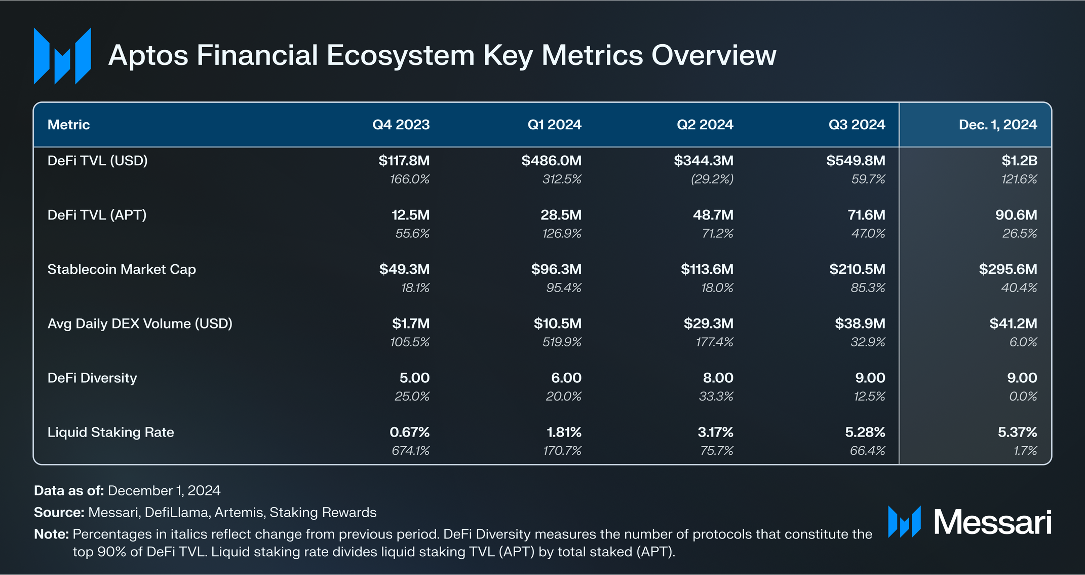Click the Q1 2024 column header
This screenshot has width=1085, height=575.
coord(554,125)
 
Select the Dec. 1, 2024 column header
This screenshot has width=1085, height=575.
coord(997,125)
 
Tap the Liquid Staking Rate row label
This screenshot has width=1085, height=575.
coord(110,433)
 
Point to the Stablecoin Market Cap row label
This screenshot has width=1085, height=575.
coord(122,269)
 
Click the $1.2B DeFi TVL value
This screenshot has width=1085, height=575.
coord(1019,161)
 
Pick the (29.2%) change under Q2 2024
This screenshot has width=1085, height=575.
coord(712,179)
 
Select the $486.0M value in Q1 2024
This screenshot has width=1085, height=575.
coord(551,161)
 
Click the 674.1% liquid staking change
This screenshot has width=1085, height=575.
coord(410,451)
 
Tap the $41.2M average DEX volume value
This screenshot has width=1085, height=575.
coord(1013,324)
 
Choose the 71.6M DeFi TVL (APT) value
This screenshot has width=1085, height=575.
coord(866,215)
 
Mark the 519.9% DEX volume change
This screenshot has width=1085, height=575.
coord(562,342)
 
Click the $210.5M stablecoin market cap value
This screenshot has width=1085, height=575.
coord(857,269)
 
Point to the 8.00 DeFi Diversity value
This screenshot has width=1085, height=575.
coord(718,378)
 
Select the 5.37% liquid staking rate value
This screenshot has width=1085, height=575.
coord(1017,433)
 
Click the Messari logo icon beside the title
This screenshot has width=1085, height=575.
coord(62,56)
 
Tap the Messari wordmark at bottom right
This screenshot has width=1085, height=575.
coord(992,522)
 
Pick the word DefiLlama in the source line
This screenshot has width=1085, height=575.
coord(177,513)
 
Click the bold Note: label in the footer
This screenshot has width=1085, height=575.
coord(51,534)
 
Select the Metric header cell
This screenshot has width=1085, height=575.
coord(68,125)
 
